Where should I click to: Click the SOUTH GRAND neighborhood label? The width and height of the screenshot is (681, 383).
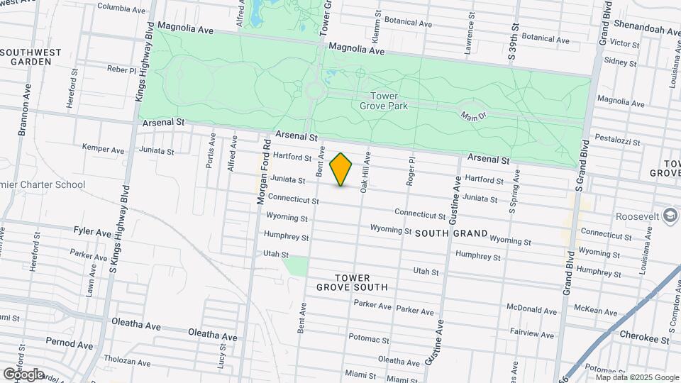point(451,233)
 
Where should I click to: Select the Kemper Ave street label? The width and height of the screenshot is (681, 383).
point(103,150)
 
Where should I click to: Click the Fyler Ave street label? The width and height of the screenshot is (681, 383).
point(92,231)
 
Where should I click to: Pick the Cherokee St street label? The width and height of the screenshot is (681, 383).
point(644,340)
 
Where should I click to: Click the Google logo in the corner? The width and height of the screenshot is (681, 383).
point(23,374)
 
